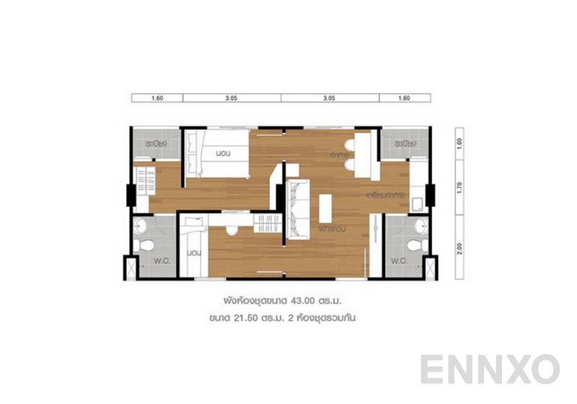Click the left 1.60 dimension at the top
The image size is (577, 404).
(x=157, y=97)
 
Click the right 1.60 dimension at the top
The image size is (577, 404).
(x=404, y=97)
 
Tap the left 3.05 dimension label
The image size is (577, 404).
(x=232, y=97)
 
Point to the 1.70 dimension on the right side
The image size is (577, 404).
(x=459, y=183)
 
